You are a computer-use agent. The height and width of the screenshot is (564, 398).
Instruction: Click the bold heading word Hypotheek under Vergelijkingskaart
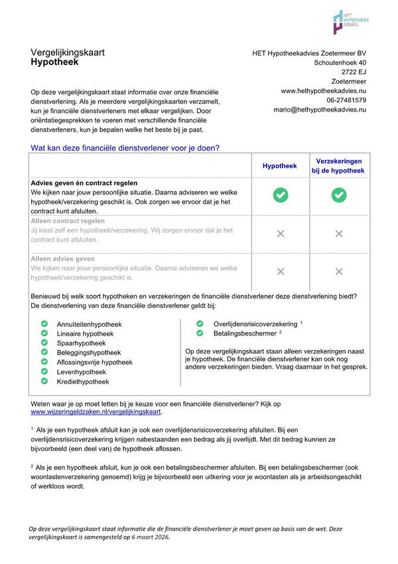click(x=54, y=62)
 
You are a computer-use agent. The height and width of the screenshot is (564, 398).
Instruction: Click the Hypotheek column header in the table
click(x=280, y=166)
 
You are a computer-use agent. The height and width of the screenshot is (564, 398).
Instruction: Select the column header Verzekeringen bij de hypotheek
click(x=338, y=166)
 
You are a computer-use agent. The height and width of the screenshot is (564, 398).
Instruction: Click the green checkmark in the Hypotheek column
click(x=281, y=195)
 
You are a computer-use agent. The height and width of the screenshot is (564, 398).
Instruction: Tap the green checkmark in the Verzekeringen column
click(x=339, y=195)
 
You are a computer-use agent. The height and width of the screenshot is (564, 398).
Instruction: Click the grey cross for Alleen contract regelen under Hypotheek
click(x=281, y=233)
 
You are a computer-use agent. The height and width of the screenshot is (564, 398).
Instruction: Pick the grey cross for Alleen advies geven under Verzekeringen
click(x=339, y=271)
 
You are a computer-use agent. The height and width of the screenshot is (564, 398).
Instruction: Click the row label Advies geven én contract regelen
click(x=84, y=183)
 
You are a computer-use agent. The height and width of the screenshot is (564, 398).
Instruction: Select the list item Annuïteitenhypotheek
click(x=90, y=324)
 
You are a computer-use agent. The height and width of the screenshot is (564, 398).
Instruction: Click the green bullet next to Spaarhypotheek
click(x=44, y=343)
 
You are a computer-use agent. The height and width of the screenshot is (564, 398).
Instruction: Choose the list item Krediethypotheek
click(x=83, y=382)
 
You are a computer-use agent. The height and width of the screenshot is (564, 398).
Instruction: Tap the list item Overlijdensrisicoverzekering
click(x=255, y=324)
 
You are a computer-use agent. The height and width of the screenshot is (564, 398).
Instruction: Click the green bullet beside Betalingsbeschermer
click(x=200, y=333)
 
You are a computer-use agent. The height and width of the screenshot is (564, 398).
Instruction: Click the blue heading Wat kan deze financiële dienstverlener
click(x=125, y=147)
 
